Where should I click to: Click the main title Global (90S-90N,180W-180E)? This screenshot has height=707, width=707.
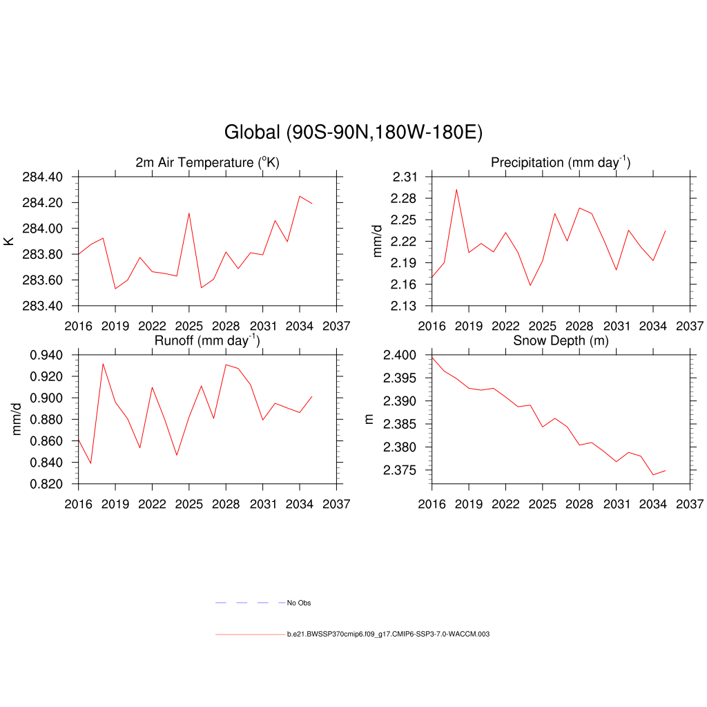tap(353, 133)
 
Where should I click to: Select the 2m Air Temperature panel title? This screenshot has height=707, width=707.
tap(207, 163)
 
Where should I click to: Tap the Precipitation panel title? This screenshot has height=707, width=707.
tap(560, 163)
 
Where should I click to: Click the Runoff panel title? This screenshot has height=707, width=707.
tap(207, 340)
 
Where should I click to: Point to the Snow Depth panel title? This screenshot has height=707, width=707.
tap(561, 341)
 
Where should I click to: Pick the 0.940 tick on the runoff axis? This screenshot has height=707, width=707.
tap(46, 356)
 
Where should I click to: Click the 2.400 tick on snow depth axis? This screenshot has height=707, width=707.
tap(399, 356)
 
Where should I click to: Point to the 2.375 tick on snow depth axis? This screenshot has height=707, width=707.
tap(399, 470)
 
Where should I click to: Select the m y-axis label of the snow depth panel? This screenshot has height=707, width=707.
tap(369, 419)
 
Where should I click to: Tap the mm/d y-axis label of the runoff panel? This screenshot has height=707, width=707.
tap(17, 419)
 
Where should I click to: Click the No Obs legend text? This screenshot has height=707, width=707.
tap(299, 603)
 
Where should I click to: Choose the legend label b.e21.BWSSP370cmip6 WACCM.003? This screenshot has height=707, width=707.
tap(388, 634)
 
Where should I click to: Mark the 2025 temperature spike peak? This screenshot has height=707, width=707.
tap(189, 213)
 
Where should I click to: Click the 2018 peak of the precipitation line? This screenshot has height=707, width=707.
tap(456, 189)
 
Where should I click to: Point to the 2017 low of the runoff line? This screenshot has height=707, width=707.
tap(90, 463)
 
